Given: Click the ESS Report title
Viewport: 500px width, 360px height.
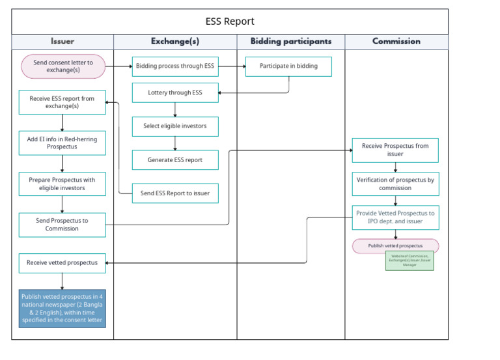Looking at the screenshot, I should [230, 21].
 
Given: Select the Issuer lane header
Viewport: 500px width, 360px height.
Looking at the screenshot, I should [62, 41].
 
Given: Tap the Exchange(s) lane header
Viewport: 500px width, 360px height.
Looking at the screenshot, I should [176, 41].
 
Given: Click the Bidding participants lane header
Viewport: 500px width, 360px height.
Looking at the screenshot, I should [290, 41].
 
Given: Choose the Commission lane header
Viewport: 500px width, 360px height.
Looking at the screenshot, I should [396, 41].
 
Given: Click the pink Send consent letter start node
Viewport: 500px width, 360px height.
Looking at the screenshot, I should [62, 66].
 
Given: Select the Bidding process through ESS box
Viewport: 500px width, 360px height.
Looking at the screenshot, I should [175, 66].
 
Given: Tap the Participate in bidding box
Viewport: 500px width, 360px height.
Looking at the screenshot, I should [288, 66].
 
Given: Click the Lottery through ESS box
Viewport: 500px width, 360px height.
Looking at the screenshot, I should [175, 92].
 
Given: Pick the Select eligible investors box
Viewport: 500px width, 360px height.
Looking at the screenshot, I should [175, 126].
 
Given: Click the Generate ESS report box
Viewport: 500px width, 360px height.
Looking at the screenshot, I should [175, 159].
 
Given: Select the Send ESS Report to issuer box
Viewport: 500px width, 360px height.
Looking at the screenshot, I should [175, 193].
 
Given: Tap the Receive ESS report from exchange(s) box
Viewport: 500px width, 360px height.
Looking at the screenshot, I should [62, 102].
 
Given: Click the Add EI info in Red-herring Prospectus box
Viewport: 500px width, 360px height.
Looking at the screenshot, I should [62, 143].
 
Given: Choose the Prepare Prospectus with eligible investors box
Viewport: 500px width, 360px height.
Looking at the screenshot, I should [62, 184].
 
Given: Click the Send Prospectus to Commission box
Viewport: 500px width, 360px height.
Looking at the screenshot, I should [62, 225].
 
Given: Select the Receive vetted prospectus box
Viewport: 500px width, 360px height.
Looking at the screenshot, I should [62, 263].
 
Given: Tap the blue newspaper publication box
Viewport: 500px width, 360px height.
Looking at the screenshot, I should [62, 309].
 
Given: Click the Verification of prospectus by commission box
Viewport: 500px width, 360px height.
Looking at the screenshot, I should [395, 184].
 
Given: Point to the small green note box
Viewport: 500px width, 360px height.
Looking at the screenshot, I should [409, 260].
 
